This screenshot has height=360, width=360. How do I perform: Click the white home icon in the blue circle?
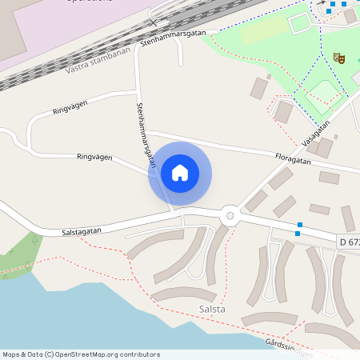click(180, 173)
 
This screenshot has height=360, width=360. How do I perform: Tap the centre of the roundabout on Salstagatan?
click(230, 214)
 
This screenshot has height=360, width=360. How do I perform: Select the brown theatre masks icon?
click(338, 58)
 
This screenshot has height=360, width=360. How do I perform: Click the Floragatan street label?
click(292, 158)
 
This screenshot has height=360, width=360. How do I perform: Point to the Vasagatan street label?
click(316, 133)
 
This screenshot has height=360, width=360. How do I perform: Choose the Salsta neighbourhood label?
click(212, 309)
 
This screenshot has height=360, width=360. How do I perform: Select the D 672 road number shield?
click(349, 242)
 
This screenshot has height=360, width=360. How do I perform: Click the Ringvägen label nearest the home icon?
click(94, 158)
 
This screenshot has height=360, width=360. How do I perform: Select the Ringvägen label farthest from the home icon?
click(70, 108)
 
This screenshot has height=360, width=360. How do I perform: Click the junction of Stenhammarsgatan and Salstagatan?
click(171, 213)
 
